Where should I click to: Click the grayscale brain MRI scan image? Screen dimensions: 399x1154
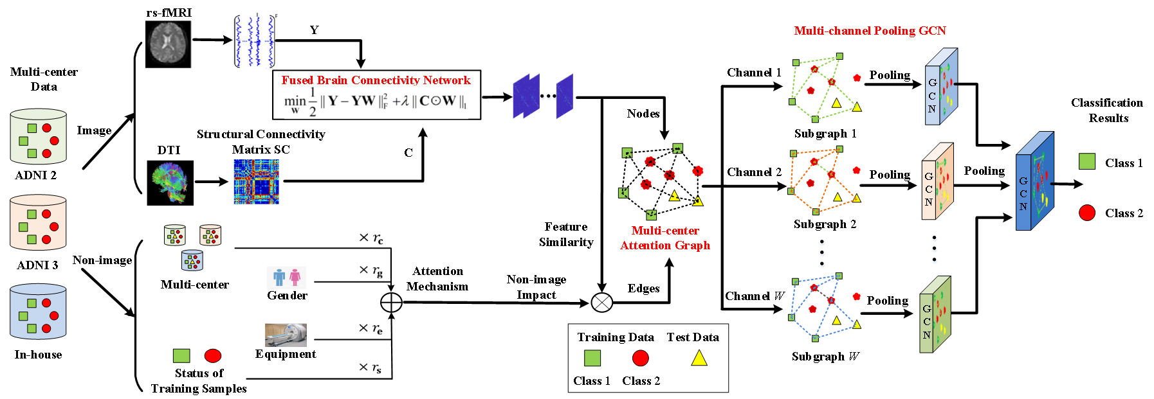pos(168,44)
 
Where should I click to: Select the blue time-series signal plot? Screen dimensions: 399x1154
pos(253,40)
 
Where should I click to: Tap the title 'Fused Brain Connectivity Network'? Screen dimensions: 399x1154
pos(376,80)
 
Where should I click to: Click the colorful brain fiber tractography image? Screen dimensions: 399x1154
pos(170,182)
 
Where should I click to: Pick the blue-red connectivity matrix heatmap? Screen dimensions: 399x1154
pos(256,182)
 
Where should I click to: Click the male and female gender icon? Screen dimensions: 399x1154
pos(286,278)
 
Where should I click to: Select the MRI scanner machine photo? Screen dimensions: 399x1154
pos(286,335)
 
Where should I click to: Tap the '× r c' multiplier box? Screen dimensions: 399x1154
pos(371,239)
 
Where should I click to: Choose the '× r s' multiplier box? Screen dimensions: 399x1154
pos(370,368)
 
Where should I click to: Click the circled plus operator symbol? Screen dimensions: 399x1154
pos(391,303)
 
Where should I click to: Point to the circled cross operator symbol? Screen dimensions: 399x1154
pos(602,303)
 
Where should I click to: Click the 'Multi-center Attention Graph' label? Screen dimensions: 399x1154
pos(665,238)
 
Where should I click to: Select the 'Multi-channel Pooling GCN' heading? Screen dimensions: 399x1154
pos(870,31)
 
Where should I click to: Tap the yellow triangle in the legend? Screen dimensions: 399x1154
pos(699,359)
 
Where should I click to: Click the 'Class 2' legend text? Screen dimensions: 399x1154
pos(641,381)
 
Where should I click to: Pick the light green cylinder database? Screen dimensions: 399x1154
pos(39,137)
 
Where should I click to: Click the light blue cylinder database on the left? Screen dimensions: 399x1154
pos(39,312)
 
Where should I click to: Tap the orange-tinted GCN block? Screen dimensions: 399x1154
pos(937,182)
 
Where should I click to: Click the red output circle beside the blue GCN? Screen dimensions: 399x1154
pos(1087,213)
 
